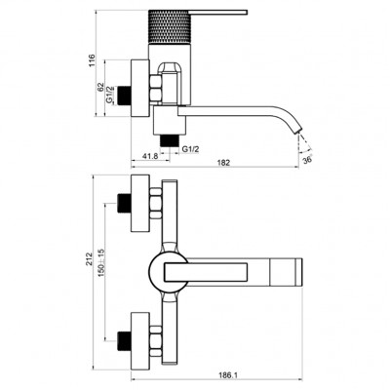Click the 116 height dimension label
tap(93, 60)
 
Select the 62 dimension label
tap(100, 87)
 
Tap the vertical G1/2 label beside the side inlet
tap(109, 95)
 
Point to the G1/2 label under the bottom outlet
tap(190, 149)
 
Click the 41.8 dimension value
tap(150, 156)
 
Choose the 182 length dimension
tap(224, 163)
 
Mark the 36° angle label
tap(307, 160)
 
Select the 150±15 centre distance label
tap(100, 262)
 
